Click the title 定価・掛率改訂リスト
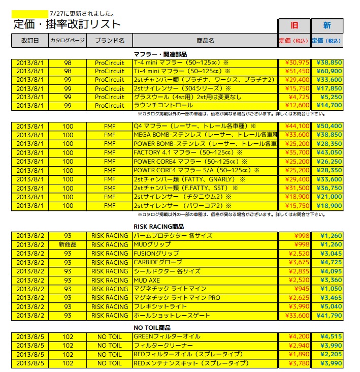pyautogui.click(x=67, y=23)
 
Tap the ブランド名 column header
pyautogui.click(x=109, y=40)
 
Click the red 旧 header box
pyautogui.click(x=293, y=25)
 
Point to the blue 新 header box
pyautogui.click(x=327, y=25)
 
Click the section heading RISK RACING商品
pyautogui.click(x=158, y=227)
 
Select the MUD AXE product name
pyautogui.click(x=147, y=280)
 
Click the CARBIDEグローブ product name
pyautogui.click(x=158, y=262)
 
